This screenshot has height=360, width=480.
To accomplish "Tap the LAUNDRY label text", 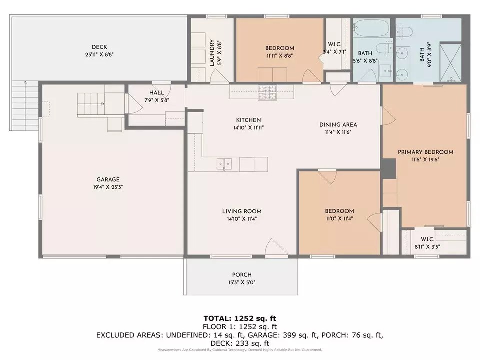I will pos(212,53).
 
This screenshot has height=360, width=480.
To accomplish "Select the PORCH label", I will pos(242,275).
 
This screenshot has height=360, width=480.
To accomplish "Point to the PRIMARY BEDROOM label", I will pos(425,152).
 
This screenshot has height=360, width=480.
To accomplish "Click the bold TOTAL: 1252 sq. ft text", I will pos(240,318).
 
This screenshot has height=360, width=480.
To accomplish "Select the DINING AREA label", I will pos(338,125).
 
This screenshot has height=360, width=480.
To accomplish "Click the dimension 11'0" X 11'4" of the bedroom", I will pos(339,218).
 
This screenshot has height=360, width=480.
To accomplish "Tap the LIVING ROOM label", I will pos(242,211).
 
